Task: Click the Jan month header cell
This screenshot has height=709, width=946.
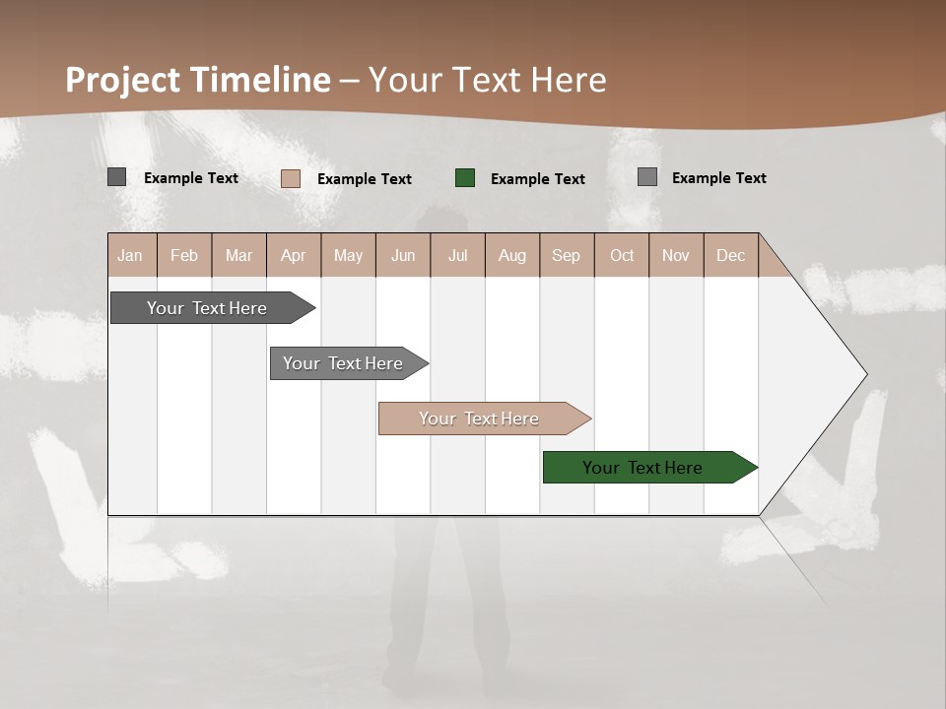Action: (x=131, y=255)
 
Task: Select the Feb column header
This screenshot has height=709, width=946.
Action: (x=184, y=255)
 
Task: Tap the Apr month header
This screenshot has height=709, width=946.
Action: (x=294, y=255)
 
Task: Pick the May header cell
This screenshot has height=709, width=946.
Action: (x=348, y=255)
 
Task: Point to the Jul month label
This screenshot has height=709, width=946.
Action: (x=458, y=255)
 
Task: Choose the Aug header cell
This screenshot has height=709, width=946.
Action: (x=512, y=255)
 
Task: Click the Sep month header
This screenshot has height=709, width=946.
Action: (x=567, y=255)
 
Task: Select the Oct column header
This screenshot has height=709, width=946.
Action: (x=622, y=255)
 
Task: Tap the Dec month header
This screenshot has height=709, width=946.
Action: (x=731, y=255)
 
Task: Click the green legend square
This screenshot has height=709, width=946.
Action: (x=465, y=178)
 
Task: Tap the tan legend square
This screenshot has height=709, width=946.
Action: (x=291, y=178)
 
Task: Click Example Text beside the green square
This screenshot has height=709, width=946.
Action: (x=538, y=179)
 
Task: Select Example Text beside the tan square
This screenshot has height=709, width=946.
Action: (x=365, y=179)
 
